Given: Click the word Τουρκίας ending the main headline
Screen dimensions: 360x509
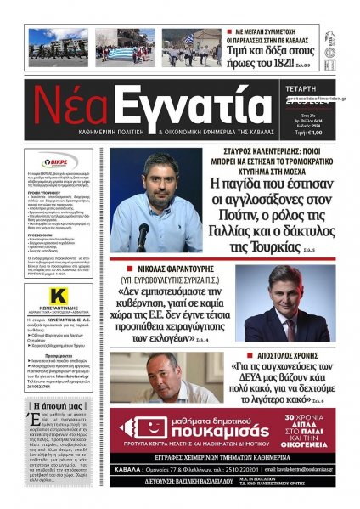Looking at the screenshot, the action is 273,246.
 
